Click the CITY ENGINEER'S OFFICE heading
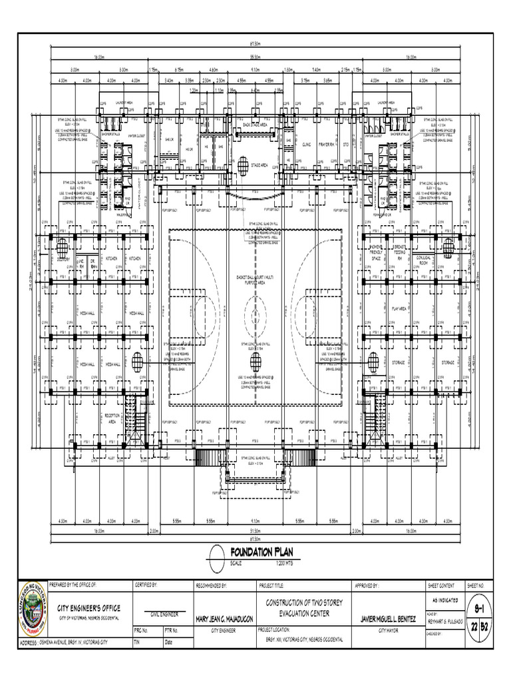88,608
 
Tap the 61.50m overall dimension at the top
255,45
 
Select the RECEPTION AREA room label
112,418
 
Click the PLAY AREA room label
399,309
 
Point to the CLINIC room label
307,145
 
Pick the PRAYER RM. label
326,145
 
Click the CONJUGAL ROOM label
424,260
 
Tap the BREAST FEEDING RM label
401,252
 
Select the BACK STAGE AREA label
255,125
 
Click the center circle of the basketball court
255,310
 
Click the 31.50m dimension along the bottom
255,531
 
